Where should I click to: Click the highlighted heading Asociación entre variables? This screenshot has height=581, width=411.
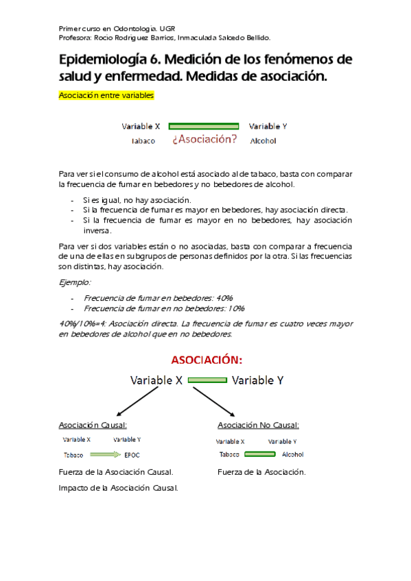(x=106, y=96)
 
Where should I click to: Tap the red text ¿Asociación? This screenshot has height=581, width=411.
(x=204, y=139)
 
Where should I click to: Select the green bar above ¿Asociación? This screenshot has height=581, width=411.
(x=204, y=126)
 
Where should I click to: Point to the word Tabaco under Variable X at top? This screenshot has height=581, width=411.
(x=143, y=141)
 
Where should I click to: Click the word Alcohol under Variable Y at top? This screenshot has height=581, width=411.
(x=263, y=141)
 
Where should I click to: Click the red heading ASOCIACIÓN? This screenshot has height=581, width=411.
(x=207, y=360)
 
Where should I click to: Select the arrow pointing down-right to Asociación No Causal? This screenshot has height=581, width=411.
(x=215, y=403)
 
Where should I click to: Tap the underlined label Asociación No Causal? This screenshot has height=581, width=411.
(x=258, y=425)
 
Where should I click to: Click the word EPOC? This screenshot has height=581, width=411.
(x=132, y=455)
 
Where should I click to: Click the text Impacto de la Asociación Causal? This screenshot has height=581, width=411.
(x=118, y=488)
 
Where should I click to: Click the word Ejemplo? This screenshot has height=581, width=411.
(x=75, y=282)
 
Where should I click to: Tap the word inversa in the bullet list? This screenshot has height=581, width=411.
(x=97, y=231)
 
